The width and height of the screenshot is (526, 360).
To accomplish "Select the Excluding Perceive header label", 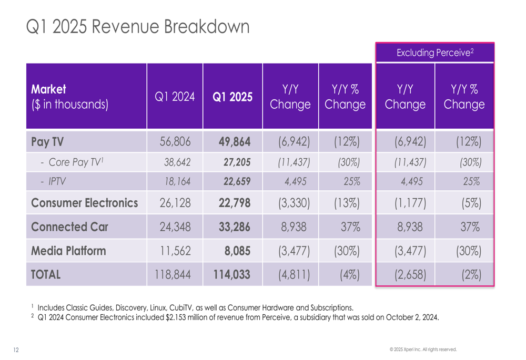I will [x=435, y=52].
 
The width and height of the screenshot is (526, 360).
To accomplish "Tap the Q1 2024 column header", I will [x=175, y=96].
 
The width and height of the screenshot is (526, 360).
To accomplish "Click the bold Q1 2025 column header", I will [x=233, y=96].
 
